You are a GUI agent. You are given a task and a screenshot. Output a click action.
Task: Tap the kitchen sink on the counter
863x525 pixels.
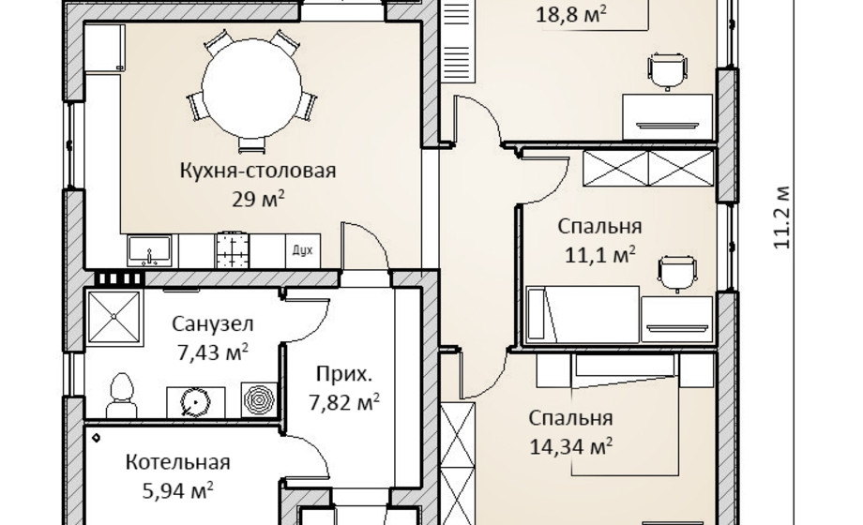tap(149, 249)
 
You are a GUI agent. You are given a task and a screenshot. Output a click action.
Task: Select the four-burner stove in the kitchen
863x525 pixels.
tap(231, 250)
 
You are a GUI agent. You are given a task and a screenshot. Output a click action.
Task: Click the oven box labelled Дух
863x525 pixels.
tap(301, 250)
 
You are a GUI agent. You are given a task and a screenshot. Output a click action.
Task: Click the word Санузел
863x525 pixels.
tap(212, 324)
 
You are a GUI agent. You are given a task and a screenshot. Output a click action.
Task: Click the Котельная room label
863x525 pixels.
tap(178, 462)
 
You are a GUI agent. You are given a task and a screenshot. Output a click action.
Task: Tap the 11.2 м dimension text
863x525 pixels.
tap(782, 216)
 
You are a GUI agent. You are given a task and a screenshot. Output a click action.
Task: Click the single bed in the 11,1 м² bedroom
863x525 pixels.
tap(582, 315)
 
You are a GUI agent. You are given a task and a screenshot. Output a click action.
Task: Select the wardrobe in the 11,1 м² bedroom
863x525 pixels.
tap(649, 169)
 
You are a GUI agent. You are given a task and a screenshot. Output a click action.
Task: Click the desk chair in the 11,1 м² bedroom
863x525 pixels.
tap(675, 271)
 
